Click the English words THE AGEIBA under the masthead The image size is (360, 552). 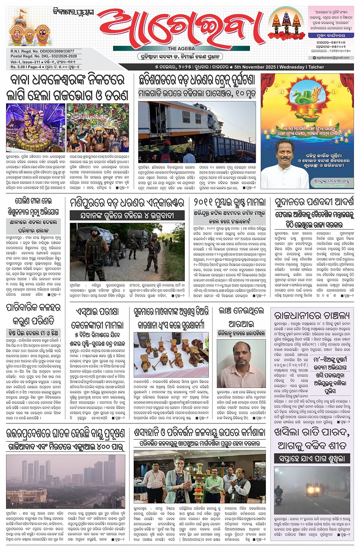click(x=181, y=49)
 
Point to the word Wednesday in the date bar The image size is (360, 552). click(x=292, y=67)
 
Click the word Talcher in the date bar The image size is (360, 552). click(x=316, y=67)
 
